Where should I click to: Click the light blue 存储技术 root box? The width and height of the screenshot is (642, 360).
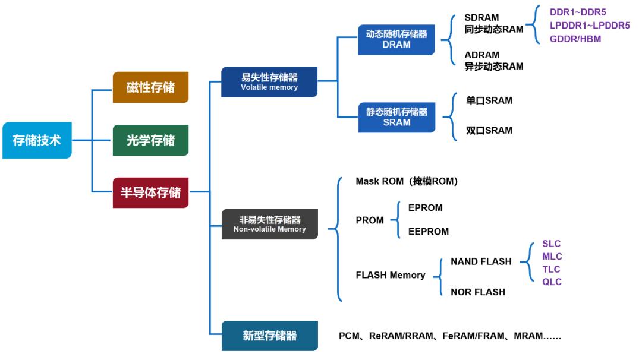click(37, 141)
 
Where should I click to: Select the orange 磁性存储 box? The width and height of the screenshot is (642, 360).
click(150, 87)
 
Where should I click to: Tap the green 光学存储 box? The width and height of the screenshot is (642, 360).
click(150, 140)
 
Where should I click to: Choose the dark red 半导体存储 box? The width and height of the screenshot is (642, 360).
click(150, 192)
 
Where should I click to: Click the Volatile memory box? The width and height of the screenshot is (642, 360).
click(269, 82)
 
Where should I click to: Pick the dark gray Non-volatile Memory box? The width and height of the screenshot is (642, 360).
click(269, 224)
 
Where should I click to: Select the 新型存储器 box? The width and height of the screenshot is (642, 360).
click(269, 336)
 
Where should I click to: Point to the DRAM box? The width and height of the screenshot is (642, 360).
click(396, 39)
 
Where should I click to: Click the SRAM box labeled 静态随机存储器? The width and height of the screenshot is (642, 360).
click(396, 116)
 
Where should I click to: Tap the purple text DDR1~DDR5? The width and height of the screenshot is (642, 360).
click(578, 12)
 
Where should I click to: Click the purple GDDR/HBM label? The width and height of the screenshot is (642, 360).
click(575, 39)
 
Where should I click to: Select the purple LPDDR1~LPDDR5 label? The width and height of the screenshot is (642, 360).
click(589, 26)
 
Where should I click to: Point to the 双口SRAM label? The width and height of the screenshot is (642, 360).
click(489, 130)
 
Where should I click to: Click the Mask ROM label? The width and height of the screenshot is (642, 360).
click(407, 181)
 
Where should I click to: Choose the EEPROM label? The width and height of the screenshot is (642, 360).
click(428, 232)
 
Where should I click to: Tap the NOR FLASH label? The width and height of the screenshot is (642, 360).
click(478, 292)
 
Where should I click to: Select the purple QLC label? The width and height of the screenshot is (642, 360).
click(552, 282)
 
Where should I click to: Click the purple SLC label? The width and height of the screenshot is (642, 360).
click(551, 244)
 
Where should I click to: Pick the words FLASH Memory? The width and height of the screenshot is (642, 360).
click(390, 275)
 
